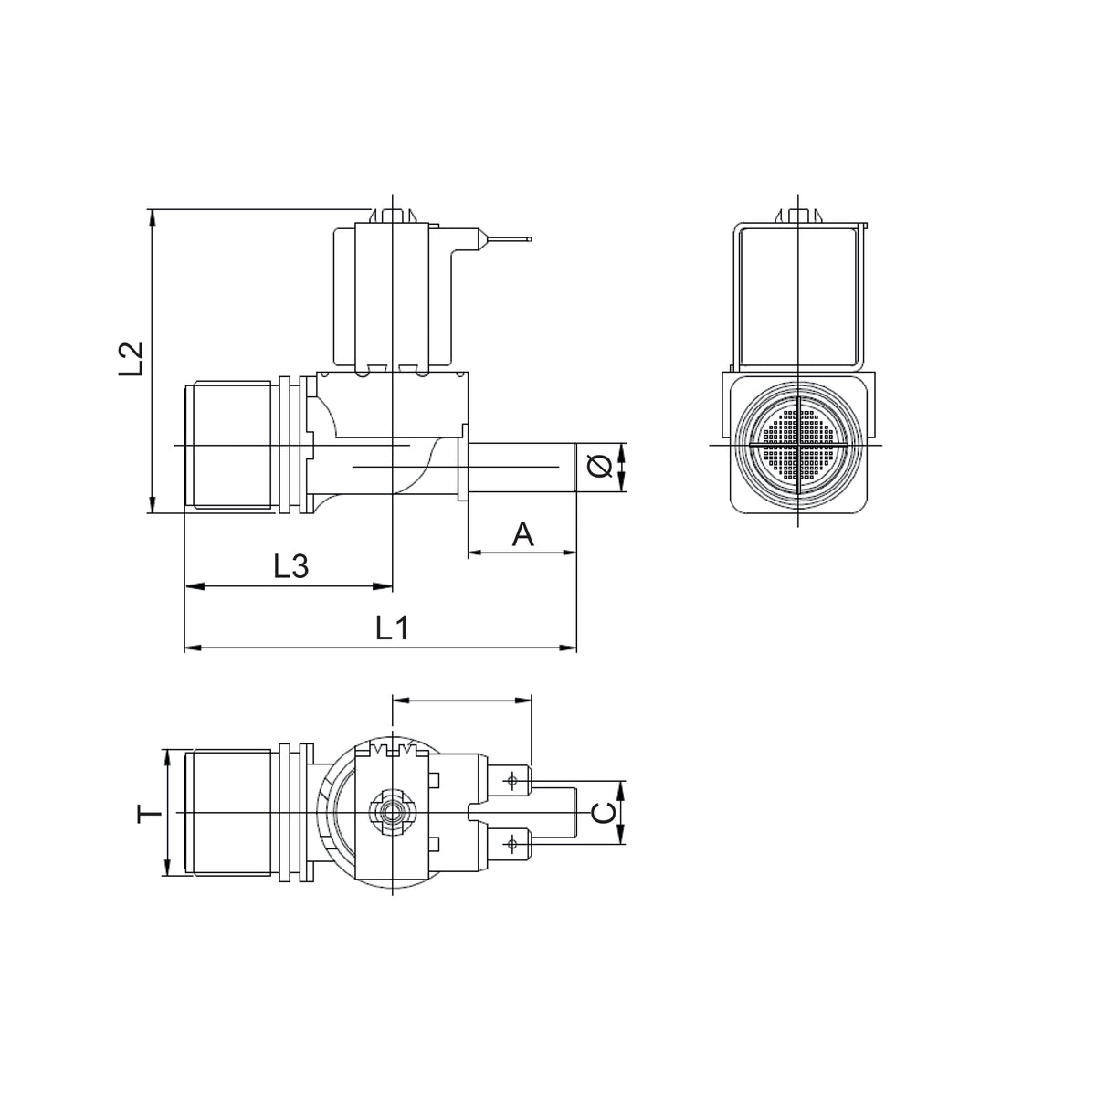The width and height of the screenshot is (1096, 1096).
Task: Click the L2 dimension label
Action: [131, 359]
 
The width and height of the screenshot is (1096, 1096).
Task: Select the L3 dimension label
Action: [291, 566]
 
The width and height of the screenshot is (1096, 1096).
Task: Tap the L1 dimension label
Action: [393, 628]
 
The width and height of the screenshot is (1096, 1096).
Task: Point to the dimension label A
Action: [522, 534]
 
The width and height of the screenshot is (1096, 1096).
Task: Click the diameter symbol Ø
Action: [599, 467]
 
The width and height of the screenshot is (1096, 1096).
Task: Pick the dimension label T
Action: [149, 814]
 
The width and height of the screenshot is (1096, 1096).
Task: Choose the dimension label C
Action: [604, 814]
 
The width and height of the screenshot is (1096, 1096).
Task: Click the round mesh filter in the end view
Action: [797, 444]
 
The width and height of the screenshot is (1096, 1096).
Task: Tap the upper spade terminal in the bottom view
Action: [511, 781]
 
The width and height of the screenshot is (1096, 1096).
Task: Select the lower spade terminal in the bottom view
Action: [511, 844]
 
